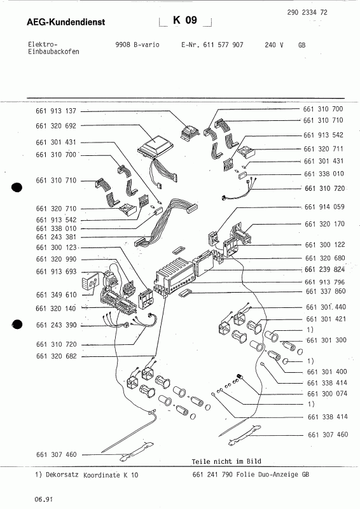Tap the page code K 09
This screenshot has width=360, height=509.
(185, 20)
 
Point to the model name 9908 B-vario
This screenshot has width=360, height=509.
(133, 46)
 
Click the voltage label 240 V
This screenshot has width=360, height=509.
(274, 46)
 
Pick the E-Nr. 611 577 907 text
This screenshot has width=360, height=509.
(212, 46)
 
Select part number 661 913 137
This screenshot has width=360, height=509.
(57, 110)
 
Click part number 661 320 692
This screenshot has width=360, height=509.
(57, 126)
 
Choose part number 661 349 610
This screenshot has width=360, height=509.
(57, 295)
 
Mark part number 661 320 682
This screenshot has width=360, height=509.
(57, 357)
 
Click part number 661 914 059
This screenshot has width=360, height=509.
(325, 207)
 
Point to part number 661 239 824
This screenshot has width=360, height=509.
(325, 269)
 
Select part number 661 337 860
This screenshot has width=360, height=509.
(325, 291)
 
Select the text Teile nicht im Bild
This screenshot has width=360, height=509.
(226, 461)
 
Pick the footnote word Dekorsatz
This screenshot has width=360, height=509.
(64, 475)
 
